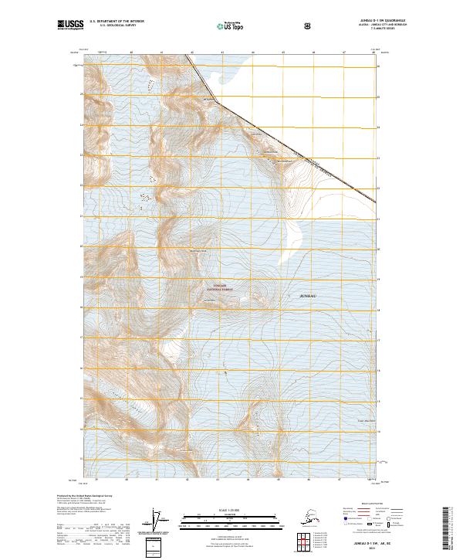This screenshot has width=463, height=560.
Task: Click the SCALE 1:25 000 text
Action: tap(231, 509)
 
